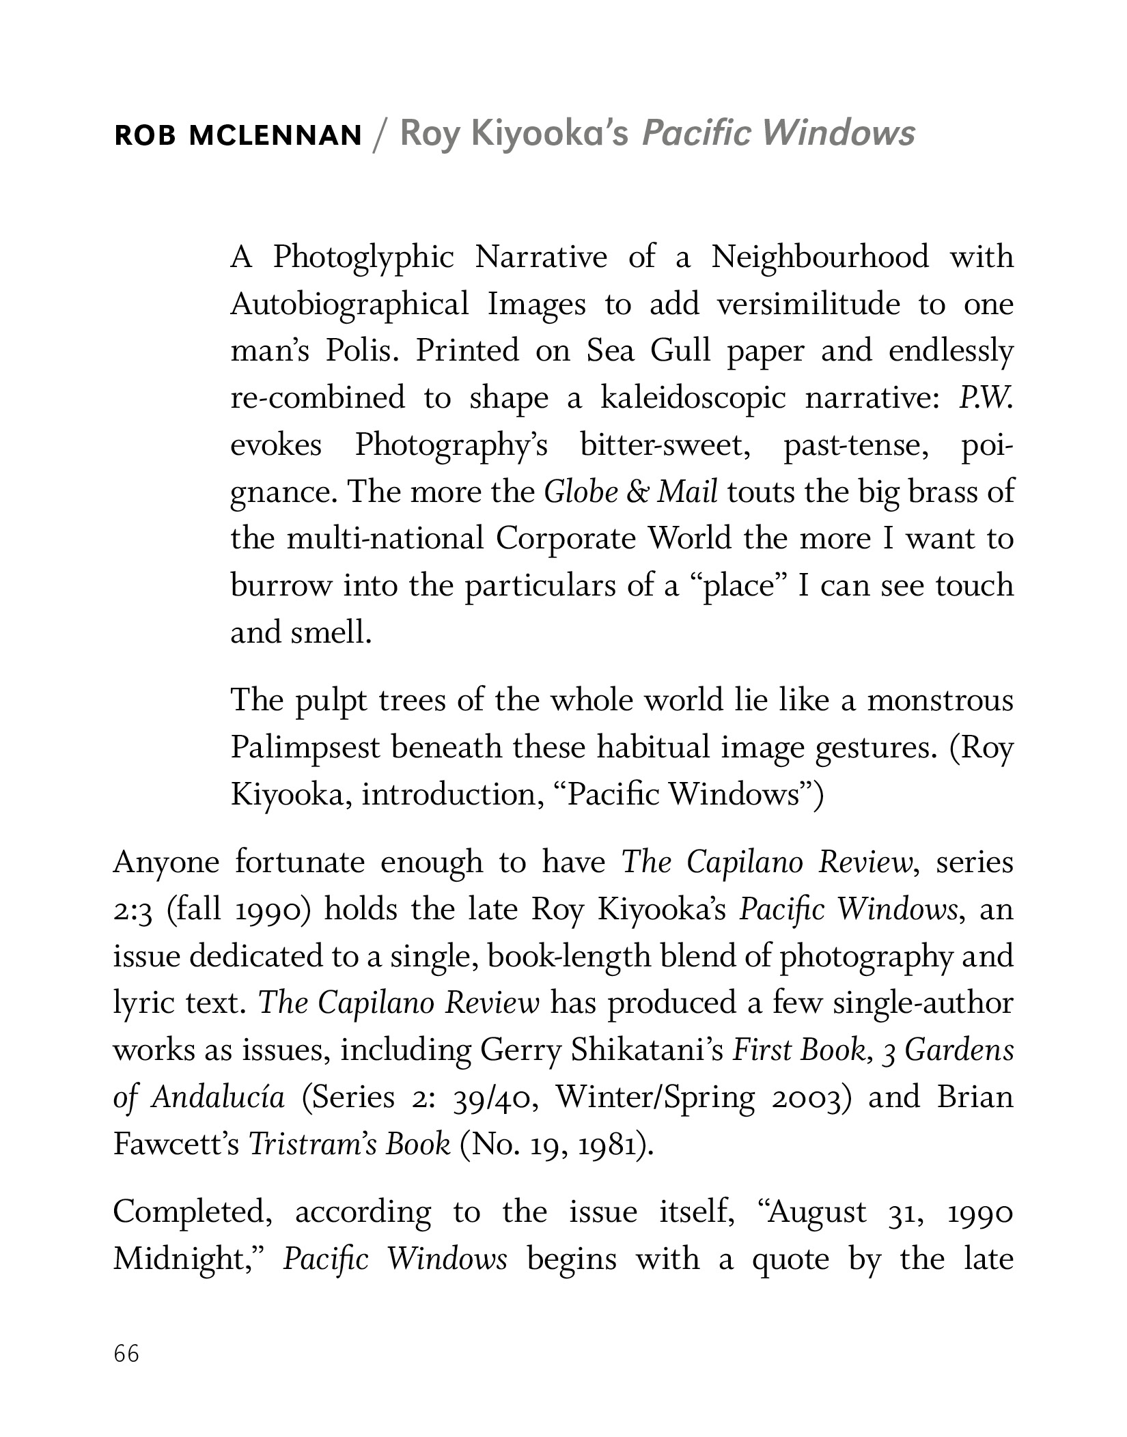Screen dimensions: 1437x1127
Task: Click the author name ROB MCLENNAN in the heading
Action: [x=238, y=136]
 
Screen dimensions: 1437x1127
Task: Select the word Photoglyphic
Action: [x=363, y=258]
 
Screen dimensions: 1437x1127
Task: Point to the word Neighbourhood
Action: [x=820, y=257]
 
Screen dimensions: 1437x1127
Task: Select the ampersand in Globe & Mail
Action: [x=637, y=492]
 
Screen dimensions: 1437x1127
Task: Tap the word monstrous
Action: [x=940, y=701]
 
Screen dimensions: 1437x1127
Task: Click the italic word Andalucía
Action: [x=218, y=1097]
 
